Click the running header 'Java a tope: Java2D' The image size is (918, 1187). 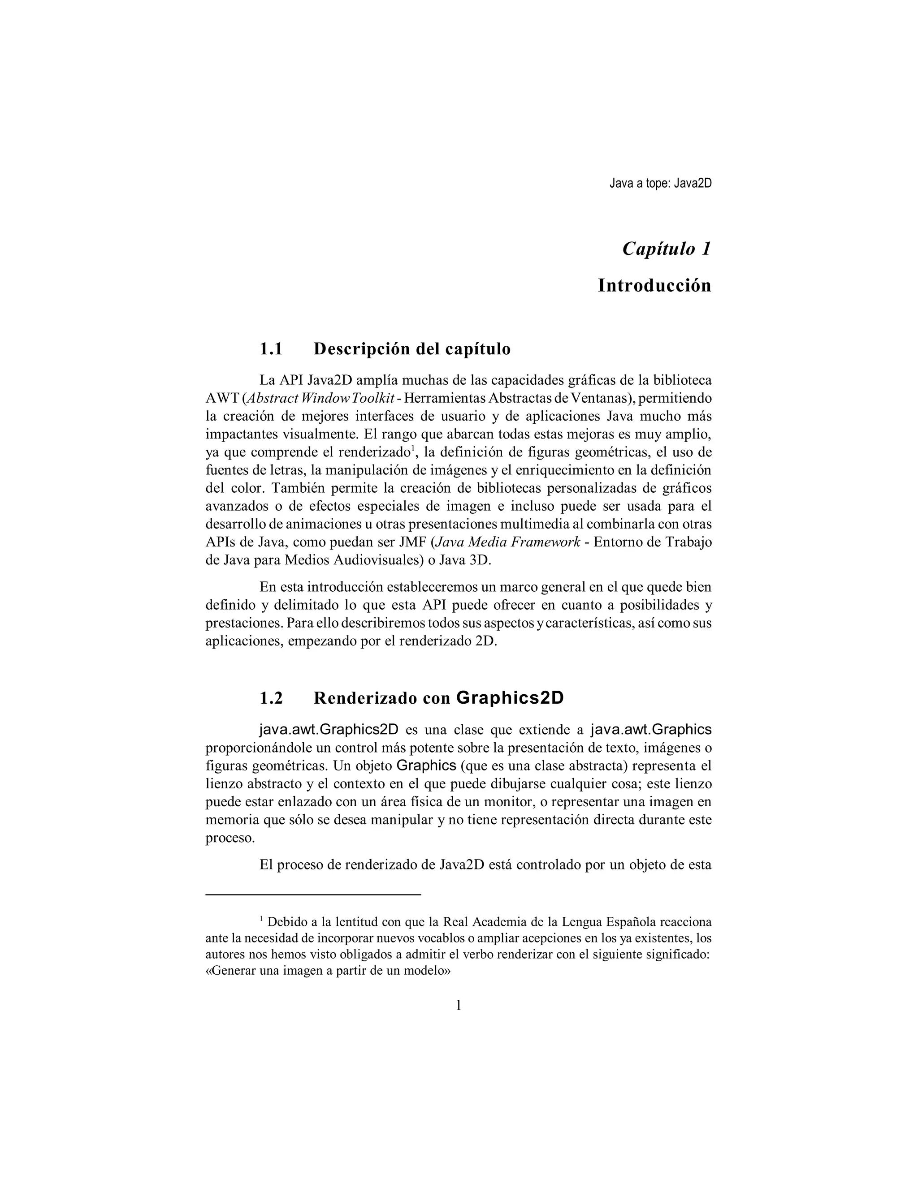tap(660, 184)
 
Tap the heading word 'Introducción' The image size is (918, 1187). tap(654, 285)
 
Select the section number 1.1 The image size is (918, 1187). tap(271, 349)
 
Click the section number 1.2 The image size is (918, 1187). tap(271, 698)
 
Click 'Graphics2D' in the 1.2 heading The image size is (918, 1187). tap(510, 698)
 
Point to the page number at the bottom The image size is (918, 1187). tap(458, 1006)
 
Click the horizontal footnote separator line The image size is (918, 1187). tap(313, 894)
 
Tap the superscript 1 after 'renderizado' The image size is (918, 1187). tap(413, 448)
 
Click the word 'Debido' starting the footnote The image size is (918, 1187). tap(286, 922)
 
